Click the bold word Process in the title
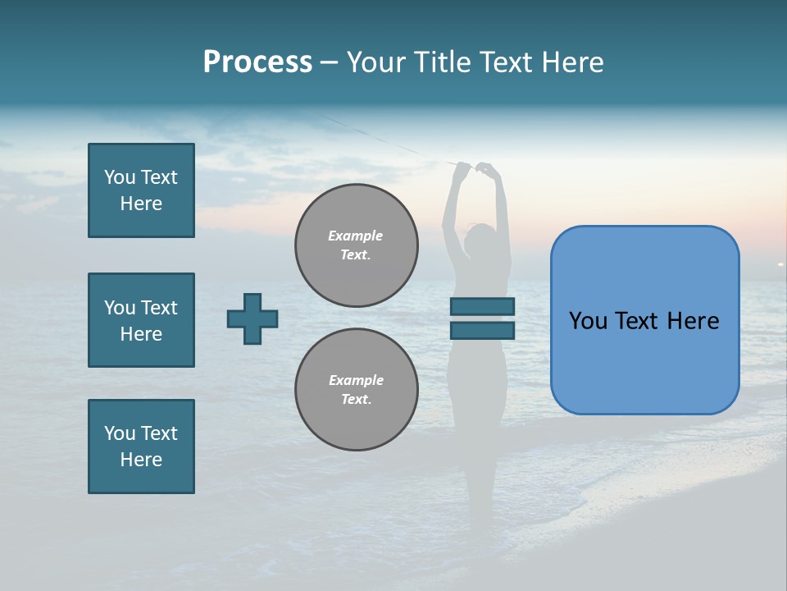tap(257, 62)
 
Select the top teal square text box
tap(141, 190)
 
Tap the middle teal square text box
tap(141, 320)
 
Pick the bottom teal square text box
tap(141, 447)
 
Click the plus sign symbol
tap(252, 318)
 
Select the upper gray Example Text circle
tap(356, 245)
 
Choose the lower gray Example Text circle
tap(356, 389)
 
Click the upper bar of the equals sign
tap(482, 306)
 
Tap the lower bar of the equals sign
tap(482, 330)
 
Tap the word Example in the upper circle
tap(356, 236)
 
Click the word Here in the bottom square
tap(141, 460)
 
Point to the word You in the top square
tap(120, 177)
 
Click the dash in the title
tap(329, 62)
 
